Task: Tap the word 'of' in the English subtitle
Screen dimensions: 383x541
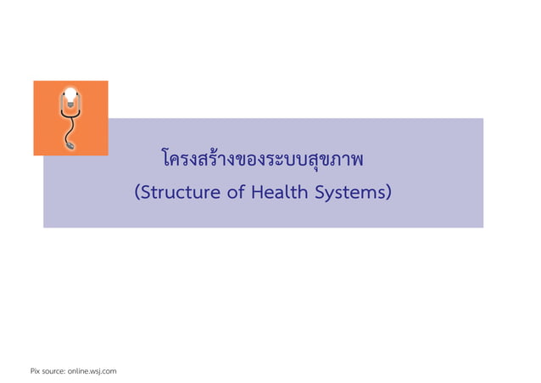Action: click(x=234, y=193)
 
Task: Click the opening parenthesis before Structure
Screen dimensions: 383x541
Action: click(x=137, y=194)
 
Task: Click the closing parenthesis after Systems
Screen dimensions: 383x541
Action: click(x=388, y=194)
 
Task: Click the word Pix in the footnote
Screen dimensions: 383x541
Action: click(x=36, y=371)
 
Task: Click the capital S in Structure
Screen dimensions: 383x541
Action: click(x=145, y=193)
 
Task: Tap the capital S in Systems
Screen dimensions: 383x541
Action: click(x=322, y=193)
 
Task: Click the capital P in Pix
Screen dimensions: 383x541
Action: click(x=32, y=371)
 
